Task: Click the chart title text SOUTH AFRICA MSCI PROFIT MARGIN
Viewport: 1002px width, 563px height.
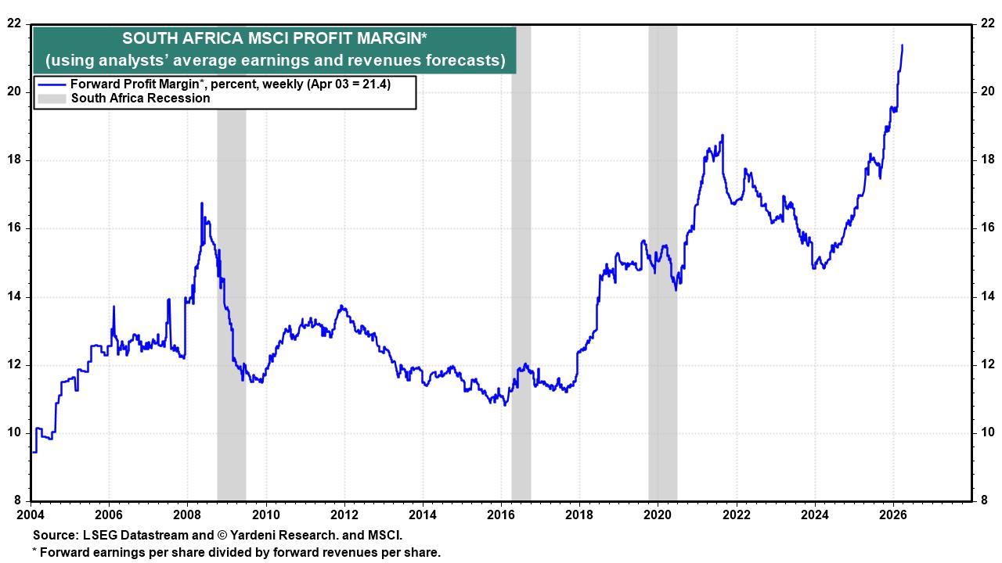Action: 275,38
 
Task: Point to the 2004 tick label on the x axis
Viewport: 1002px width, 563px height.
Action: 31,515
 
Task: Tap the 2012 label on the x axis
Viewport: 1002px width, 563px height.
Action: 344,515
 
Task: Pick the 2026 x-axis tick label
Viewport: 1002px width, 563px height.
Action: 893,515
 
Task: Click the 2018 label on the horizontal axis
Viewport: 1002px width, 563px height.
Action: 579,515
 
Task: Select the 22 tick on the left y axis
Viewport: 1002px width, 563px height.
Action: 13,23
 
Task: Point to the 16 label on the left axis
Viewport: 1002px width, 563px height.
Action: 13,228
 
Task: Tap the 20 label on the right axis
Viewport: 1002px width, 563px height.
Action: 987,92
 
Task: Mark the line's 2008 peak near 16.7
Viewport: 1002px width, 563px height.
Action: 202,203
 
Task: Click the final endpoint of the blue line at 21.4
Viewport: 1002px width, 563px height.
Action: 903,45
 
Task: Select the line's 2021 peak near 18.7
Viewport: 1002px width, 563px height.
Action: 722,135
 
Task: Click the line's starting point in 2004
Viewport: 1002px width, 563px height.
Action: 32,451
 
